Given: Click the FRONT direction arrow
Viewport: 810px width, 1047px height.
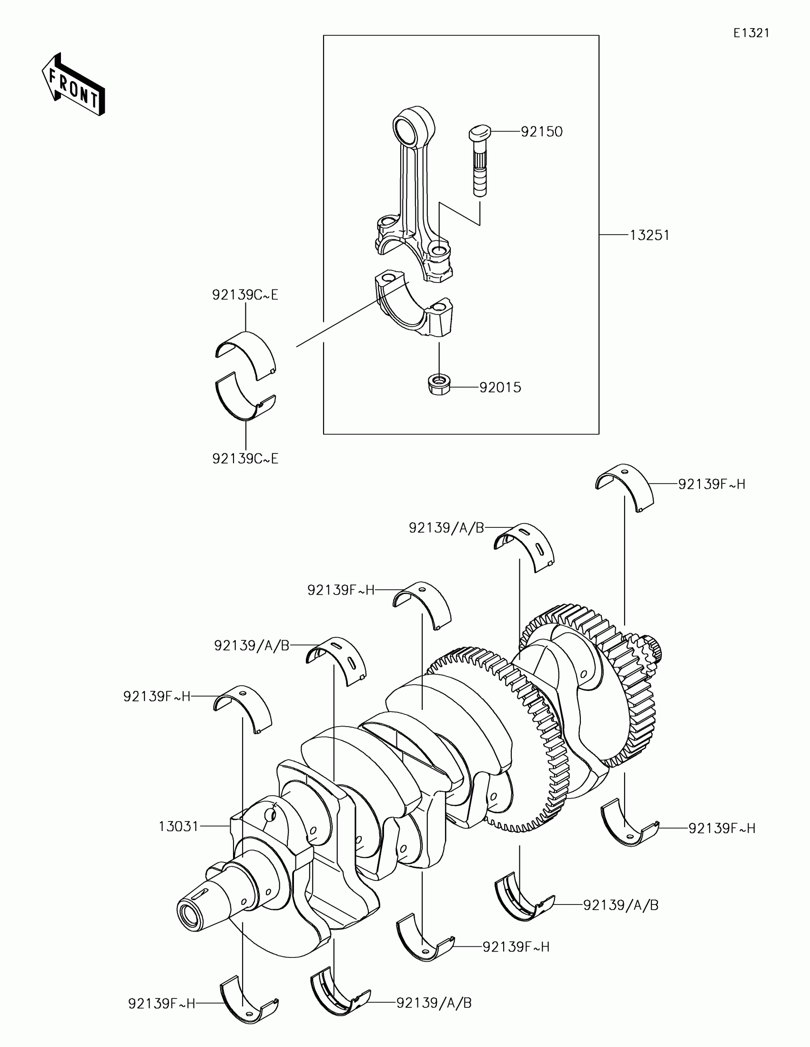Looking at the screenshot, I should [x=73, y=84].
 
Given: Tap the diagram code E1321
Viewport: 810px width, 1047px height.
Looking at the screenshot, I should [x=751, y=33].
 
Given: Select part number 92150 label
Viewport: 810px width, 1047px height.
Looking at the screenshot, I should [x=541, y=132].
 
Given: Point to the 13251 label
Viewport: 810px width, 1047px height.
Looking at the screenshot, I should [x=649, y=236].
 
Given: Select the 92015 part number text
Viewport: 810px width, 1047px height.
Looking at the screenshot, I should [x=500, y=387].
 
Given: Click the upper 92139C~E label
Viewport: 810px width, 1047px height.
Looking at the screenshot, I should [x=245, y=295].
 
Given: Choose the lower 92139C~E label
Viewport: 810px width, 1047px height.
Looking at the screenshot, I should [x=245, y=459].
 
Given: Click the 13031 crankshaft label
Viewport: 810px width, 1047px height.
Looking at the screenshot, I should [x=179, y=826].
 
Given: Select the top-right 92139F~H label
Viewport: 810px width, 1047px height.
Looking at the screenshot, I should [x=711, y=484].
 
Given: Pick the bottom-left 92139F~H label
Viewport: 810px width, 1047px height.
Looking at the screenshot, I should [x=162, y=1003].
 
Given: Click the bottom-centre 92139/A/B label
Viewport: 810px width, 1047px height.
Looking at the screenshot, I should [x=434, y=1002].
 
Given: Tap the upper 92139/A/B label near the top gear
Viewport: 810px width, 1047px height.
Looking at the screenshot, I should [x=446, y=528].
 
